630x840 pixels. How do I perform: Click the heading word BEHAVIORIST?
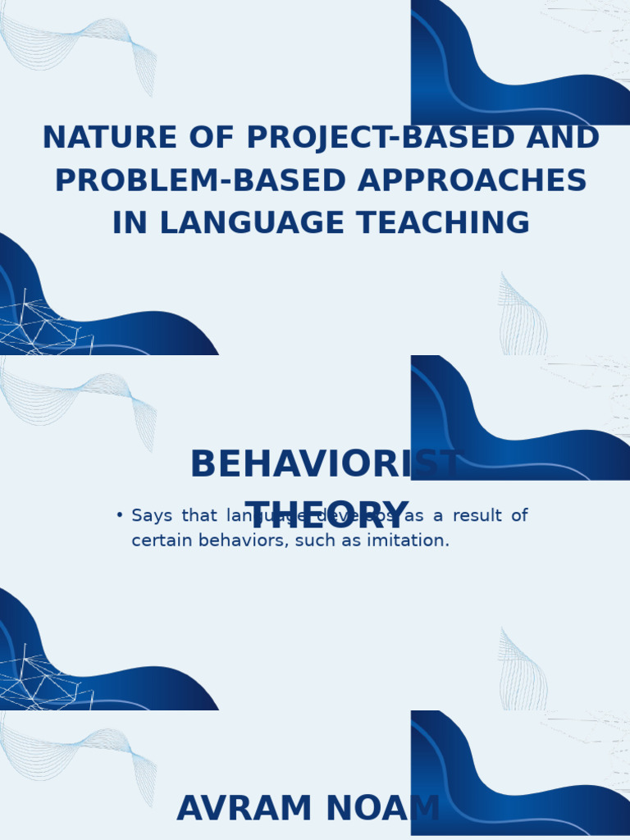[x=326, y=465]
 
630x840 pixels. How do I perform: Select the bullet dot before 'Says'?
[x=120, y=515]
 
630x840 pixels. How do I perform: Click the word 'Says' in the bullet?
[x=152, y=516]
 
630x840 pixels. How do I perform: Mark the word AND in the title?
[x=563, y=138]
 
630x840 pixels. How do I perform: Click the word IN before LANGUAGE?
[x=130, y=223]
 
